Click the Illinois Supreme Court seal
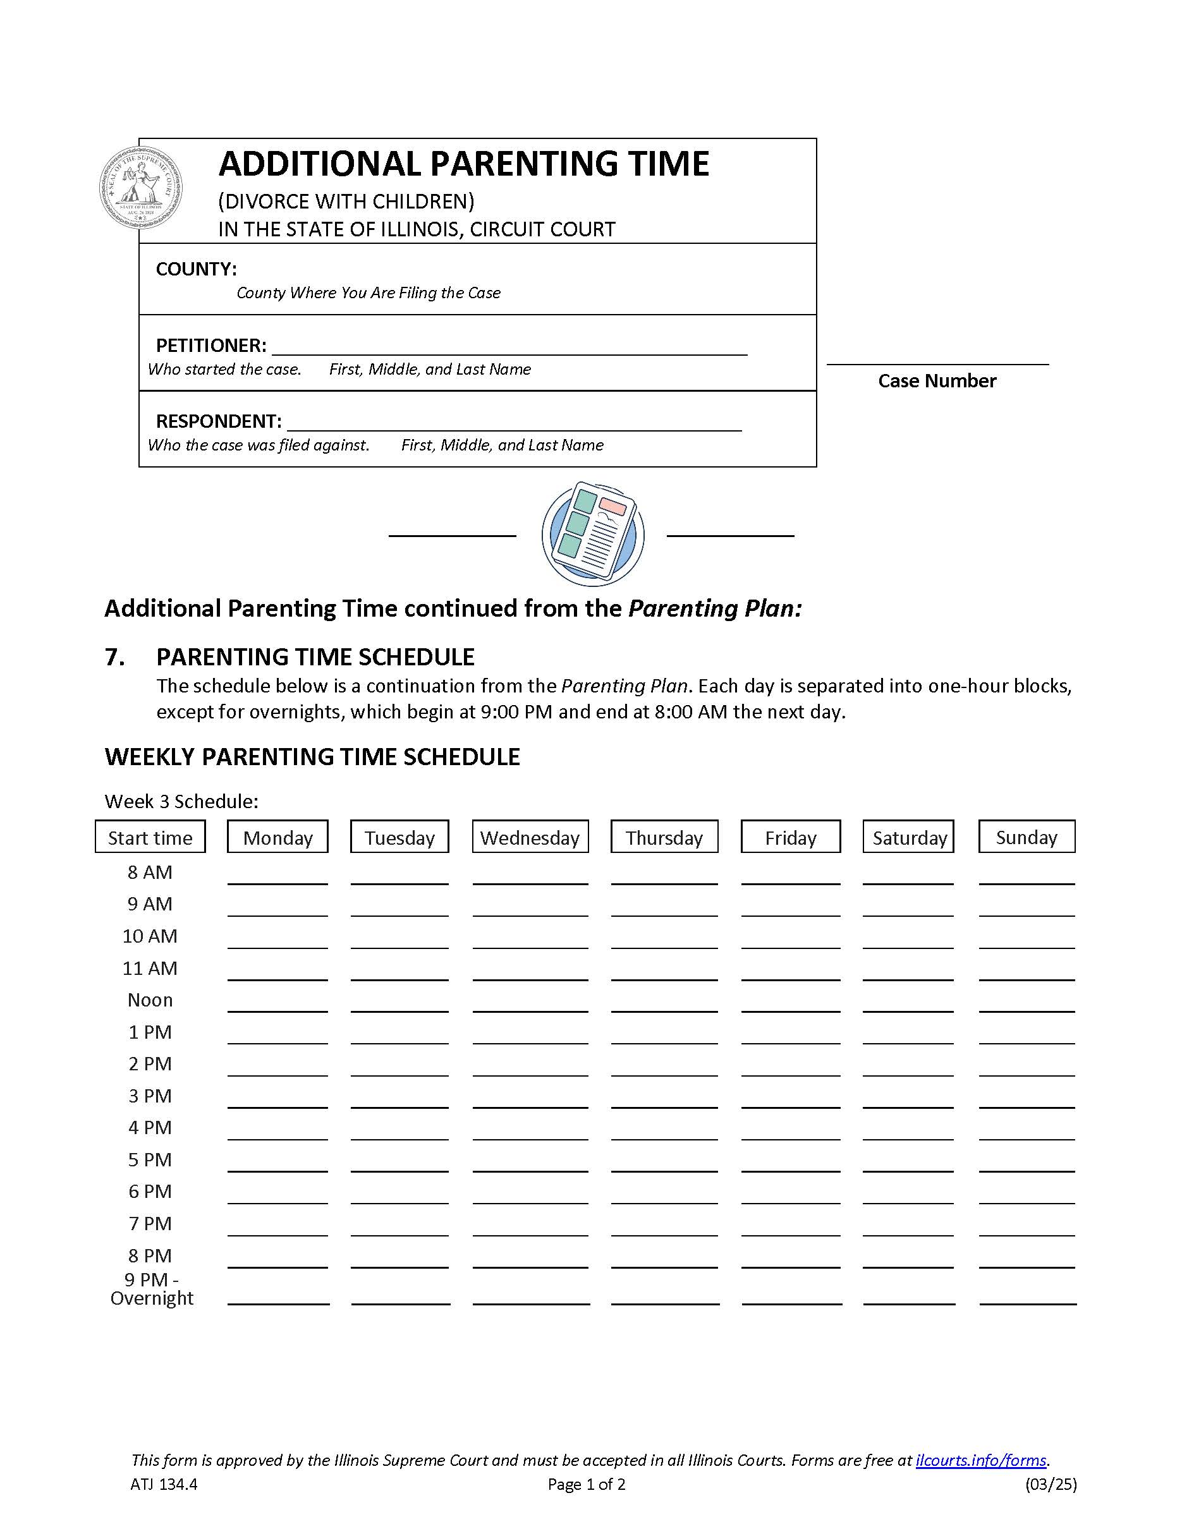point(142,187)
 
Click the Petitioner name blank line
point(509,348)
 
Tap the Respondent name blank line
point(514,423)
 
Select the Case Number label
point(936,381)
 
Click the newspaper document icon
point(592,533)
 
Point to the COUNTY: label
point(196,269)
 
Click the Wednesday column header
point(530,837)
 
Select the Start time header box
point(150,837)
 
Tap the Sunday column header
point(1026,837)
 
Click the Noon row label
point(150,1000)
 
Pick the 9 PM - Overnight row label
point(151,1289)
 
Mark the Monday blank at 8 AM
point(277,876)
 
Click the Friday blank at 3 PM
point(790,1100)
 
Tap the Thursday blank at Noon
point(664,1004)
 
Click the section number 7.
point(115,656)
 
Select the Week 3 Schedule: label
point(181,801)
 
